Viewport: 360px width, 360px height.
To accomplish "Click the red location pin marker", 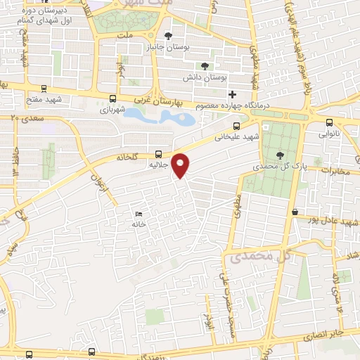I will [181, 165].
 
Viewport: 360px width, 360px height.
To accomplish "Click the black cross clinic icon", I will [233, 94].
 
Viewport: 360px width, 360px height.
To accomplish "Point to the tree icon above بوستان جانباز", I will [167, 35].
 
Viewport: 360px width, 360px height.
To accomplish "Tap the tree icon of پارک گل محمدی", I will [281, 155].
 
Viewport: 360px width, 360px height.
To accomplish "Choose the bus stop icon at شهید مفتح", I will [44, 89].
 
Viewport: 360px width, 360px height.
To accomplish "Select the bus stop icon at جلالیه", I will [157, 154].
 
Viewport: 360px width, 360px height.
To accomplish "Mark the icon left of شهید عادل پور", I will [295, 212].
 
